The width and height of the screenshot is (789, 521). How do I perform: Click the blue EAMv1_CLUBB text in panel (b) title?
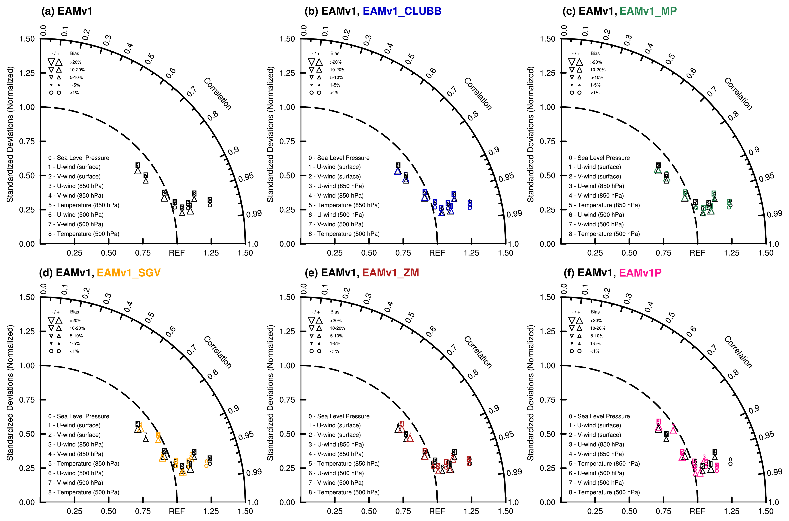[402, 11]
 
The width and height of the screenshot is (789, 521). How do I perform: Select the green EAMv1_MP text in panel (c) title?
[648, 11]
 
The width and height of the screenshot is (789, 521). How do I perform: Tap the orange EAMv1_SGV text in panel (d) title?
[129, 273]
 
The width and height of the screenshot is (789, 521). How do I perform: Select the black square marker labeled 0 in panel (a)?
[210, 200]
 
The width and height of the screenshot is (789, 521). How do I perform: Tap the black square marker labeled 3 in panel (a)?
[194, 193]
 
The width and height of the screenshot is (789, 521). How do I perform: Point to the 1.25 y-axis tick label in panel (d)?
[27, 331]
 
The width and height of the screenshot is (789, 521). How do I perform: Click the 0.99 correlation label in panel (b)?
[514, 214]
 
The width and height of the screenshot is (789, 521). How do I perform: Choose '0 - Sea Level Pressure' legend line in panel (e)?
[339, 416]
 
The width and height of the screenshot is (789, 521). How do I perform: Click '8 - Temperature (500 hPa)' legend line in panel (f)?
[604, 492]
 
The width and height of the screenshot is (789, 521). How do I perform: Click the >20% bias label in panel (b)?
[335, 62]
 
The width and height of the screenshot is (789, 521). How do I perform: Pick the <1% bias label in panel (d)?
[74, 351]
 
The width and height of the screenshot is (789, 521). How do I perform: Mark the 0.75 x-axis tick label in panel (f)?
[663, 511]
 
